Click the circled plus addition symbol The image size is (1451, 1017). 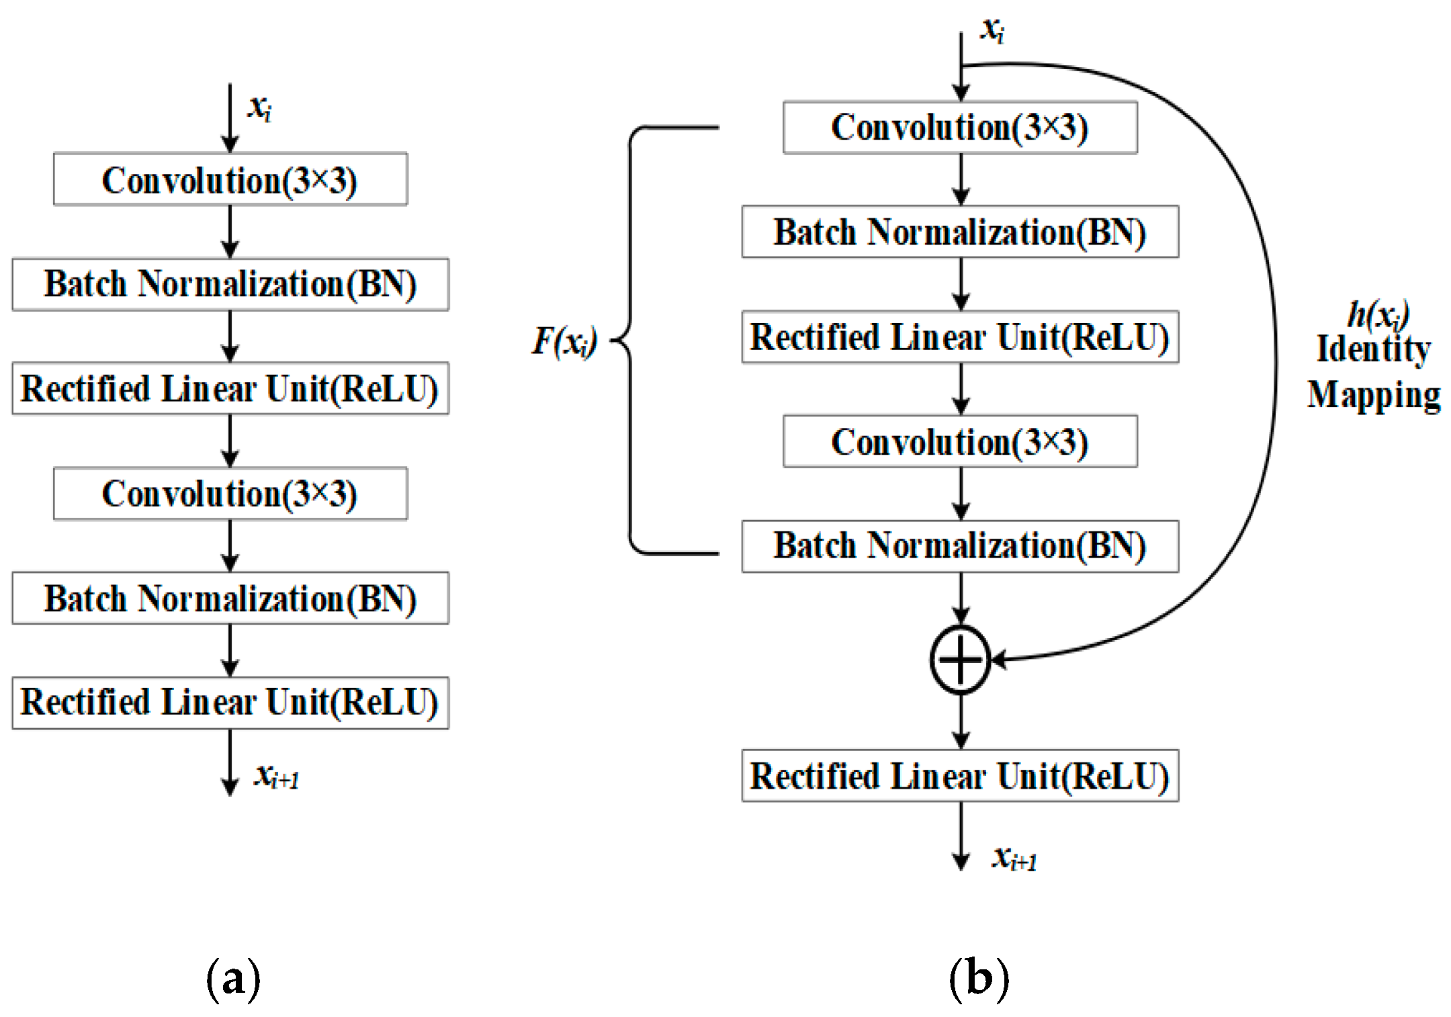[960, 659]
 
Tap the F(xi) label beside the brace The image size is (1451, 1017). [564, 341]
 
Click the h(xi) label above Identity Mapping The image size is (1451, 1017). [1377, 314]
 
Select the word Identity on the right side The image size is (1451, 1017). [1373, 349]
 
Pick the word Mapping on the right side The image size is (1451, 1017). [1373, 394]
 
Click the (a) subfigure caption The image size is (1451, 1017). [233, 979]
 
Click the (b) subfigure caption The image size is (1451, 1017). [979, 979]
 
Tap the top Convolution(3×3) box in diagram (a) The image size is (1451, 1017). [230, 179]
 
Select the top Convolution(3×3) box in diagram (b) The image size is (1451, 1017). [960, 128]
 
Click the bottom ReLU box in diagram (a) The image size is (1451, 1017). [230, 703]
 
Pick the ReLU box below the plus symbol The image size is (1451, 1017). [960, 776]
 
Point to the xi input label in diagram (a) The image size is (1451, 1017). [259, 107]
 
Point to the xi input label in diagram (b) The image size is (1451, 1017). [992, 30]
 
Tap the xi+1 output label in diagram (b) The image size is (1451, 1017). [1014, 858]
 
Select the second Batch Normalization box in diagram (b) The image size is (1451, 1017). [960, 545]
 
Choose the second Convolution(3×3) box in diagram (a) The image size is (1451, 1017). [230, 494]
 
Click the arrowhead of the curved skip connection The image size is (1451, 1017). [998, 659]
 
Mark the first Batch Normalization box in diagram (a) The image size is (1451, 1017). [230, 284]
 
